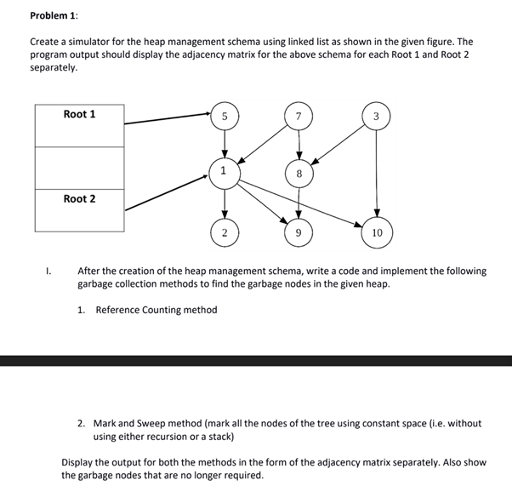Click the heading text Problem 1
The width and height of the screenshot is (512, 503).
(54, 15)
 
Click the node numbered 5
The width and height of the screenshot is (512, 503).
(225, 117)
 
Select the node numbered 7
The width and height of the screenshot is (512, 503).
(299, 117)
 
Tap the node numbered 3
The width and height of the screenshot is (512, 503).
(377, 117)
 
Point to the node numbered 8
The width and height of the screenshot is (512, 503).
(299, 173)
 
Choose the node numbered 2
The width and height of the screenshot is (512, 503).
(225, 231)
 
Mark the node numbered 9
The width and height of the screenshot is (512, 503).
(299, 231)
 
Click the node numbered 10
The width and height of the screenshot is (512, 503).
(377, 231)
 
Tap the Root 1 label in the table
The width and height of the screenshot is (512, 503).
(79, 114)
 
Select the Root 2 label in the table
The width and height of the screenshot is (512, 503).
(79, 198)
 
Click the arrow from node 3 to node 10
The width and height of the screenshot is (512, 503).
(377, 174)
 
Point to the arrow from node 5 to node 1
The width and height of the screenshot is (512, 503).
(225, 144)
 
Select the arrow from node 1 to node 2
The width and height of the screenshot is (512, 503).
(225, 201)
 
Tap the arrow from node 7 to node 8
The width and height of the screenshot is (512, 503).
(299, 145)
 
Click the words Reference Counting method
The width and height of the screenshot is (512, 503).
(156, 310)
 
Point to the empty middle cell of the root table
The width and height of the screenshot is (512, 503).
(79, 168)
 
